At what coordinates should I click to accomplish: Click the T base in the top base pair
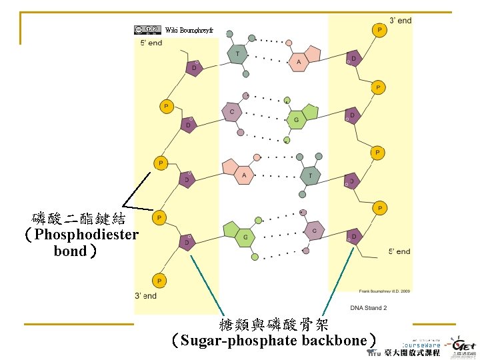point(237,54)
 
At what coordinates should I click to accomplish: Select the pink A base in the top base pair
point(299,62)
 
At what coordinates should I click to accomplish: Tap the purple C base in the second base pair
point(232,112)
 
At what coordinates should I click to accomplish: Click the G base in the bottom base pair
point(245,236)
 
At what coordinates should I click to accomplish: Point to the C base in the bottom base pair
point(314,231)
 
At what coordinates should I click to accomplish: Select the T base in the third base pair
point(310,175)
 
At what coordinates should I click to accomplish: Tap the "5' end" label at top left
point(151,43)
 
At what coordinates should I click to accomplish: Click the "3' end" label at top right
point(401,21)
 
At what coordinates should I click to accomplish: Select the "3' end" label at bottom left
point(145,295)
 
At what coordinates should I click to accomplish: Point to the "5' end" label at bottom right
point(400,251)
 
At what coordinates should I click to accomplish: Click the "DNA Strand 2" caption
point(369,308)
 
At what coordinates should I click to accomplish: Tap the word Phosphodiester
point(87,235)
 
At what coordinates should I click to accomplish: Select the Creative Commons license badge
point(147,29)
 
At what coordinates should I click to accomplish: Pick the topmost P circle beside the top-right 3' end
point(379,30)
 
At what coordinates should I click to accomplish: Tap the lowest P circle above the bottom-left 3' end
point(160,281)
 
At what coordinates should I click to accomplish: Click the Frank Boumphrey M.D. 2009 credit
point(385,291)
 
